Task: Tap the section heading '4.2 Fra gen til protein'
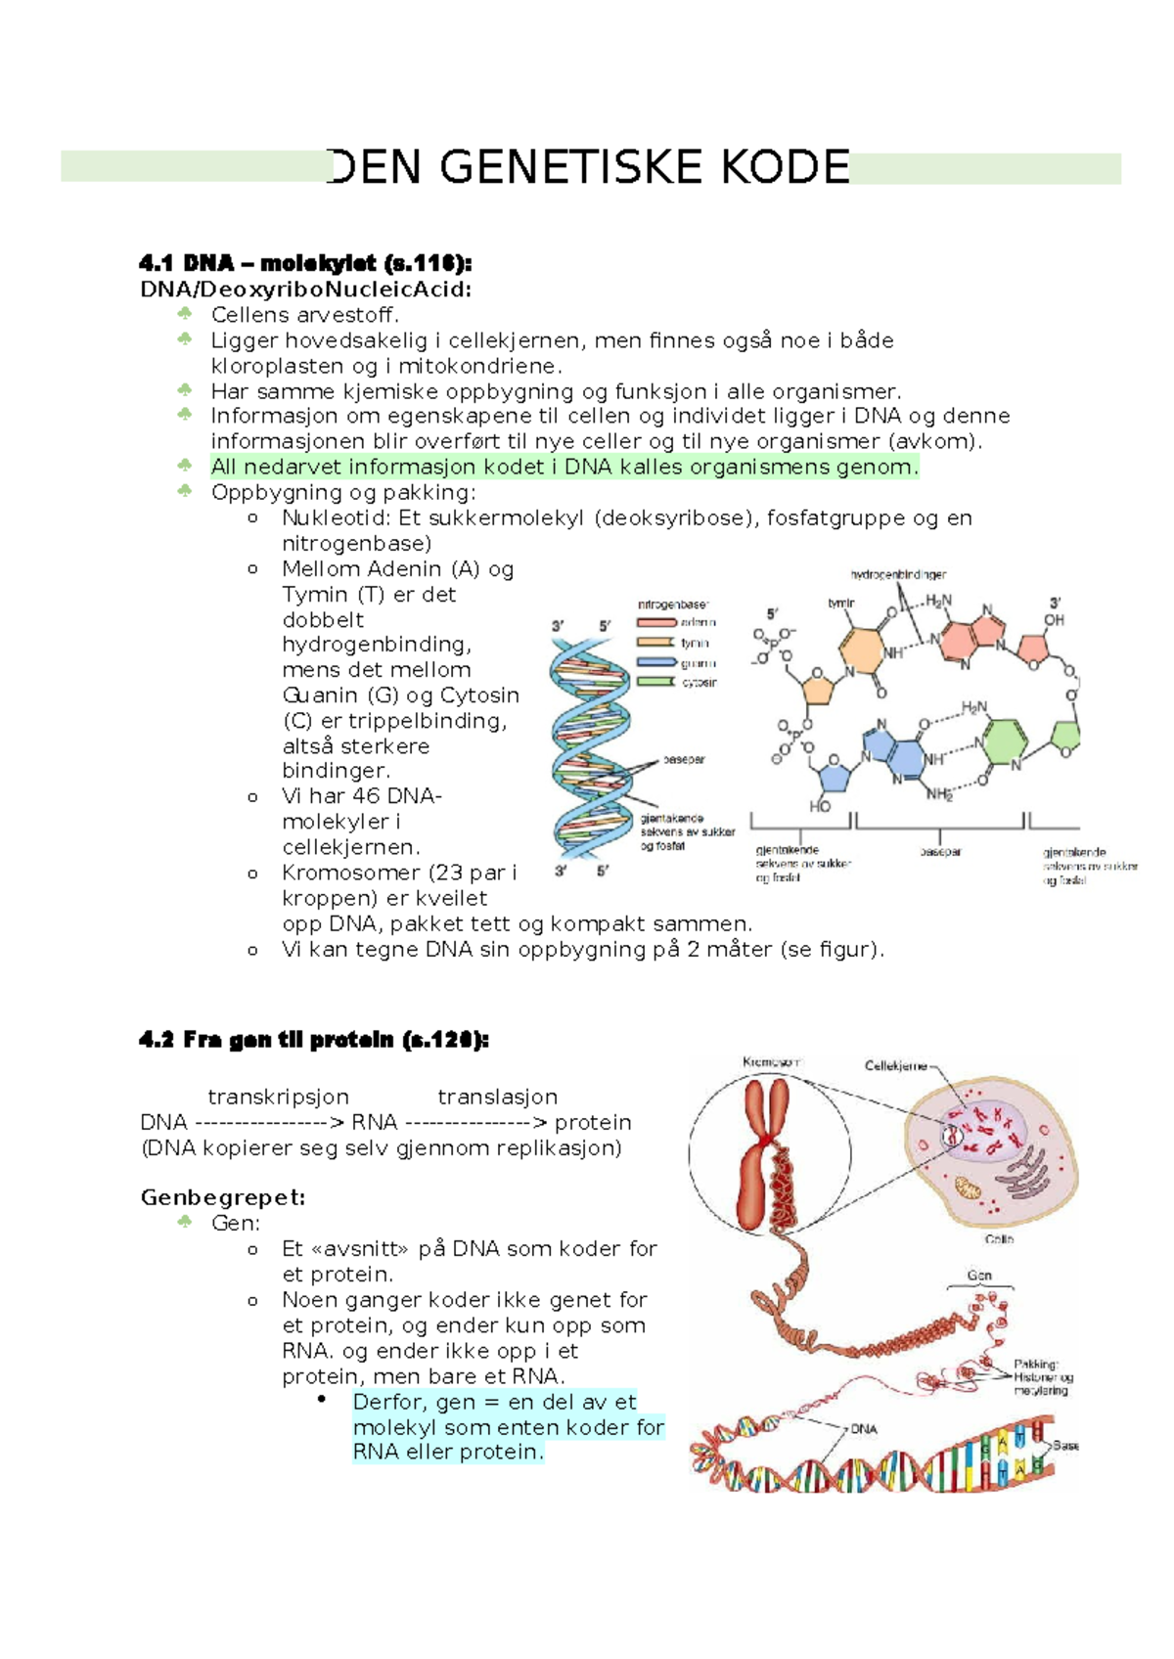[313, 1040]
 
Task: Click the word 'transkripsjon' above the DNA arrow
[278, 1098]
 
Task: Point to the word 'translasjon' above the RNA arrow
[497, 1098]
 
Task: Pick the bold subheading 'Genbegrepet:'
[223, 1197]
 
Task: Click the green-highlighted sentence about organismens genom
[564, 468]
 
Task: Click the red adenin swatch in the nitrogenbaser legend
[656, 622]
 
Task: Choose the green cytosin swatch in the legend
[656, 682]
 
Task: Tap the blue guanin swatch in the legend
[656, 662]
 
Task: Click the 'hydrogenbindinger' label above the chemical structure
[898, 575]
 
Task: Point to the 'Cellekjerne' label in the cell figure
[896, 1066]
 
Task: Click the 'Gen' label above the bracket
[979, 1276]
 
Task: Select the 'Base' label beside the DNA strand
[1065, 1446]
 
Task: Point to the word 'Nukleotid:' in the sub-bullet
[337, 518]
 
